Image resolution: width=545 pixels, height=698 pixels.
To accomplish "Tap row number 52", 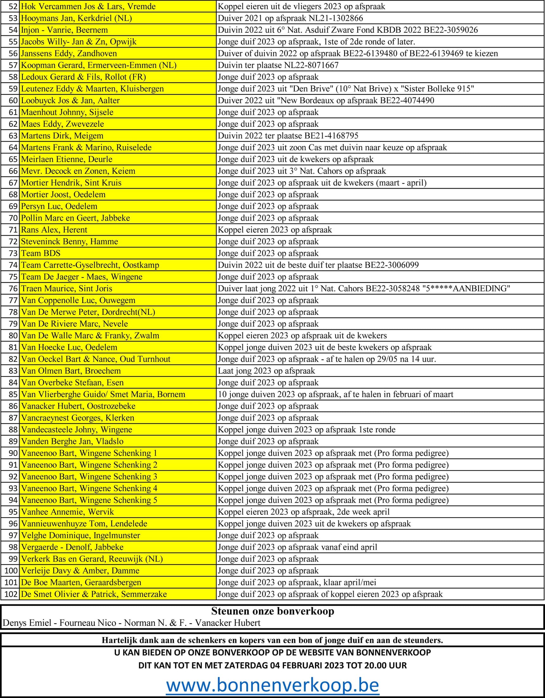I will [x=13, y=6].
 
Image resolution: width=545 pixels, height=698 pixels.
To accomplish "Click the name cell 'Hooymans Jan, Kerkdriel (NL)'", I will [x=76, y=18].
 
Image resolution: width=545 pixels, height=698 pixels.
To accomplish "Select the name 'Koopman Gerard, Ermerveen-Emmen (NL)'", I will [x=99, y=65].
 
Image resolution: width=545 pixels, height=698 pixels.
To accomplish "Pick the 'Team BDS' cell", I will [x=41, y=253].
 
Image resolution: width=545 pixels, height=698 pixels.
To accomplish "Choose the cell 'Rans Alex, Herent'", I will [x=54, y=230].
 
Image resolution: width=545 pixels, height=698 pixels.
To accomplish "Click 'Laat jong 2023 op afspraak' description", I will [x=266, y=371].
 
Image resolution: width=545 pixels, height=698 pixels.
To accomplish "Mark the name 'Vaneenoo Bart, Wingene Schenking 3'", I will [x=89, y=477].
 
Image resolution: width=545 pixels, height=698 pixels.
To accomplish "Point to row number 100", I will [x=11, y=570].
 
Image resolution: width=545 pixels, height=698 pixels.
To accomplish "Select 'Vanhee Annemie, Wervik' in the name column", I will [x=67, y=512].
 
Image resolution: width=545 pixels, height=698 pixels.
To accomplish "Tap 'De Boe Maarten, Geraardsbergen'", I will [x=81, y=582].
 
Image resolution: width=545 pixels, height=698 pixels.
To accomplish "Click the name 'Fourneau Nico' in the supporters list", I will [x=88, y=623].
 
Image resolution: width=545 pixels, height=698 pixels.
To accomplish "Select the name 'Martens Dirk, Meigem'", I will [x=62, y=136].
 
